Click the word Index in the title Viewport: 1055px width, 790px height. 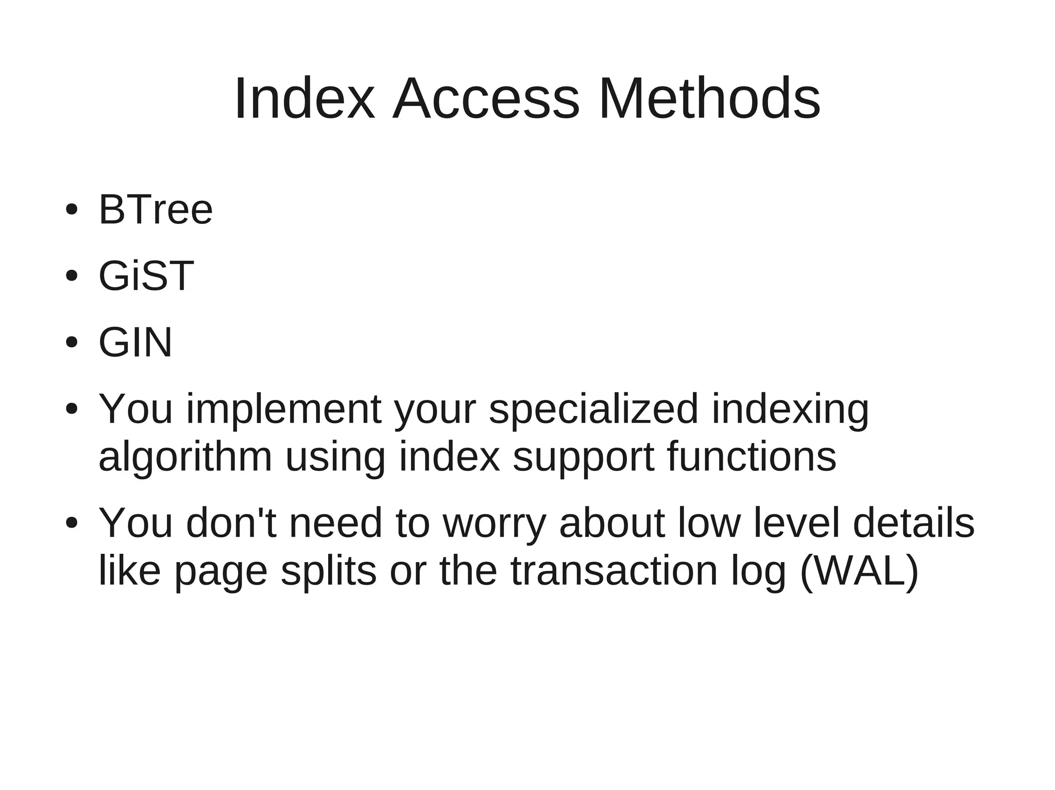coord(304,98)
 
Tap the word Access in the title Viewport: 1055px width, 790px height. coord(486,98)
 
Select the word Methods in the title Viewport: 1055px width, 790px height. coord(709,98)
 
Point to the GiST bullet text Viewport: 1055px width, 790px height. coord(146,276)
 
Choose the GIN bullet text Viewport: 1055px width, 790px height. coord(135,342)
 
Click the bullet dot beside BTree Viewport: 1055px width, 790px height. coord(72,210)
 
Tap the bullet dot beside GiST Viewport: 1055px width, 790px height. coord(72,276)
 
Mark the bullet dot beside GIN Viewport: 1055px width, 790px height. coord(72,343)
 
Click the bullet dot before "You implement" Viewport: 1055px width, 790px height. coord(72,409)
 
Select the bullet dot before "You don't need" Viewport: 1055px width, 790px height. coord(72,523)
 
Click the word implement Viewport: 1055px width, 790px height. coord(284,409)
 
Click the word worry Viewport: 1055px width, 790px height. coord(494,523)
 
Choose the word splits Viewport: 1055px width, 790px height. coord(329,571)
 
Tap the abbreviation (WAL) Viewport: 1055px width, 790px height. coord(859,571)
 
